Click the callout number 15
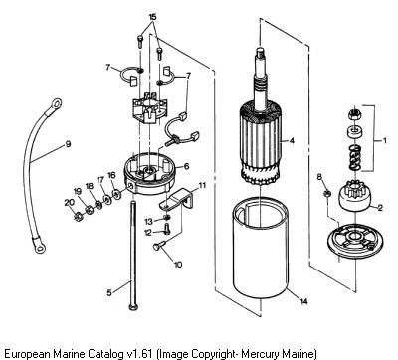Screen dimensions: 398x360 (152, 17)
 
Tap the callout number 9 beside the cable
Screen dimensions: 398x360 (68, 144)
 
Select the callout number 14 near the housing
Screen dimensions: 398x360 (303, 301)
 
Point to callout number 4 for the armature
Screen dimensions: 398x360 (292, 141)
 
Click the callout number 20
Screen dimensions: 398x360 (69, 203)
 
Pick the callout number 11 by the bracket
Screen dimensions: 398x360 (202, 185)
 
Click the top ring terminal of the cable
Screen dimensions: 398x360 (56, 103)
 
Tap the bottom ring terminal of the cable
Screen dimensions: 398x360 (39, 246)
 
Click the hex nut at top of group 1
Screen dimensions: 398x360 (354, 115)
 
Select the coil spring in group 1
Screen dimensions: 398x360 (355, 156)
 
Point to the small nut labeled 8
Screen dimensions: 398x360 (327, 193)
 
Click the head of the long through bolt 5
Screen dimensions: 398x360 (133, 306)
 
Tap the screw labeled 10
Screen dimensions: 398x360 (158, 246)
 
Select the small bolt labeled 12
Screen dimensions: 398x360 (167, 229)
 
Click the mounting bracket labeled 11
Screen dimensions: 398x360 (176, 200)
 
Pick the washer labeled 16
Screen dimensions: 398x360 (116, 193)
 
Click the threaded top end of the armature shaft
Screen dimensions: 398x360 (261, 52)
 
